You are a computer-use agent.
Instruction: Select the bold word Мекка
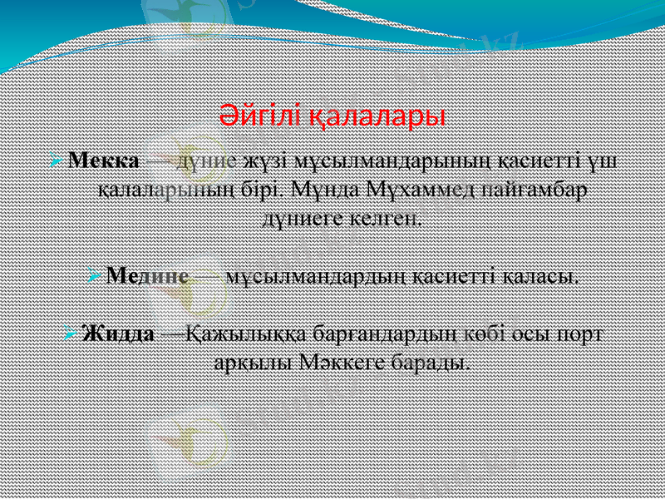coord(104,159)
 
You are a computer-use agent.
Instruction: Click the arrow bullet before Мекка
coord(57,159)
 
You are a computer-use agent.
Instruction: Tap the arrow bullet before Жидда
coord(72,334)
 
